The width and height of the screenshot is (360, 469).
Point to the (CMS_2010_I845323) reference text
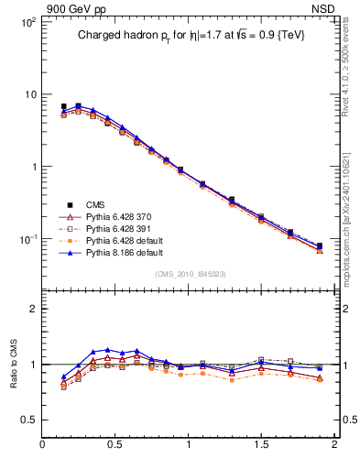[190, 274]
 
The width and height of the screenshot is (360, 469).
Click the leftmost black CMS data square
[63, 106]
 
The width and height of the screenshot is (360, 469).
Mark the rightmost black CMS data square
[320, 245]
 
